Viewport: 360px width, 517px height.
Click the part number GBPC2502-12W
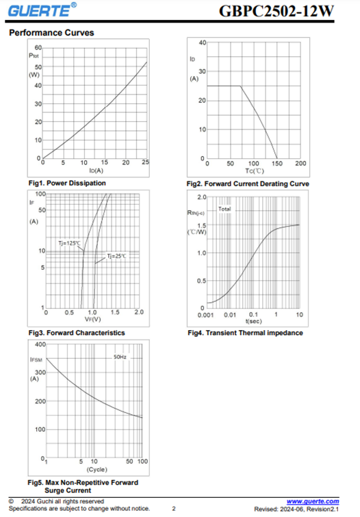point(277,11)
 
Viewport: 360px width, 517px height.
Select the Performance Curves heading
point(51,33)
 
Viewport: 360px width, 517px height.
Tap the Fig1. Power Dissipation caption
point(67,183)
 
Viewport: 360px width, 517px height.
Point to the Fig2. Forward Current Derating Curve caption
point(248,184)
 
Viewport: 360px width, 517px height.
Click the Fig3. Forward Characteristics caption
point(77,333)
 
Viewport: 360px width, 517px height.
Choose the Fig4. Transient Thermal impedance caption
point(245,333)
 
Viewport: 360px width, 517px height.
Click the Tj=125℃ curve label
point(69,243)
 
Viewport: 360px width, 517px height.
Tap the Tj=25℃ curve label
point(116,256)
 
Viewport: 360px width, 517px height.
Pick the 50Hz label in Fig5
point(120,357)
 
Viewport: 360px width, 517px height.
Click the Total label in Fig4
point(224,209)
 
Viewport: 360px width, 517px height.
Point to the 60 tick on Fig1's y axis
point(38,48)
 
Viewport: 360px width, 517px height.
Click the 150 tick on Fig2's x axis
point(277,163)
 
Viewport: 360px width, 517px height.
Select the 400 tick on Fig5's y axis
point(40,344)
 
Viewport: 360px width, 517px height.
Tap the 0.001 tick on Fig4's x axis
point(206,315)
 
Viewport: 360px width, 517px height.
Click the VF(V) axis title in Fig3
point(92,319)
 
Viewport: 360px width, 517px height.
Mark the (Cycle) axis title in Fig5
point(97,469)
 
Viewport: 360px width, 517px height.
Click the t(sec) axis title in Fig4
point(253,321)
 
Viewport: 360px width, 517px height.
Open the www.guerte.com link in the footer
point(313,501)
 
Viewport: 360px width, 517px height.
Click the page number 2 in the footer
point(174,509)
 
